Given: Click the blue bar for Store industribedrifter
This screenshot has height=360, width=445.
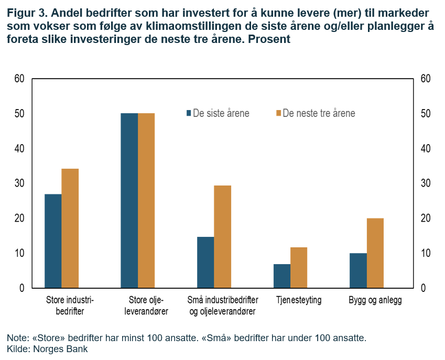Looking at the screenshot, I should pos(53,241).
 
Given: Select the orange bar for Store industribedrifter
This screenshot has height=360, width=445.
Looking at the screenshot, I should pos(70,228).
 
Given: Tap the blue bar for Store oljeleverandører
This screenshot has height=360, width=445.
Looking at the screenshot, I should pos(129,201).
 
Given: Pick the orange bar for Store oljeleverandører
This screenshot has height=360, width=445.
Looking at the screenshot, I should pos(146,201).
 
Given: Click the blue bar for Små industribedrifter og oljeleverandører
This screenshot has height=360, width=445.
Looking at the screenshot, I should pos(205,263).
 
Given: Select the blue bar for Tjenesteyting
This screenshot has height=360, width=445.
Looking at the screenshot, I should pos(282,276).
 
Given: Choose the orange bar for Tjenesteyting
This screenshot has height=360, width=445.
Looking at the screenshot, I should pos(299,268).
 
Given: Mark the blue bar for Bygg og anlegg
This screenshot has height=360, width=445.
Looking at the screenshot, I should pos(358,271).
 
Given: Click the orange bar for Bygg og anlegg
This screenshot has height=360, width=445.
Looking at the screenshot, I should pos(375,253).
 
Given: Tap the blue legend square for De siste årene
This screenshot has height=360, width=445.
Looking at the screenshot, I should pos(189,113).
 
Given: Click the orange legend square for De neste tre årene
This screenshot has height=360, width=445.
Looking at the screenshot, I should pos(278,113).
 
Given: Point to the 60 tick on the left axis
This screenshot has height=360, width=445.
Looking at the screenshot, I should pos(19,79).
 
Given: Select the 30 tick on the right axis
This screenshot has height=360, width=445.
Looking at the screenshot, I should pos(426,183).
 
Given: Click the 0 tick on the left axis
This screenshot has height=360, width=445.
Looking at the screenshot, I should pos(22,288).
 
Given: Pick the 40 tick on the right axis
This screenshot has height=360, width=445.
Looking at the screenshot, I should pos(426,149).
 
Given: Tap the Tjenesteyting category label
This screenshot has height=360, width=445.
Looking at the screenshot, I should pos(299,301).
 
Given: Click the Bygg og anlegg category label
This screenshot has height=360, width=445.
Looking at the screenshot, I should pos(375,301).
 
